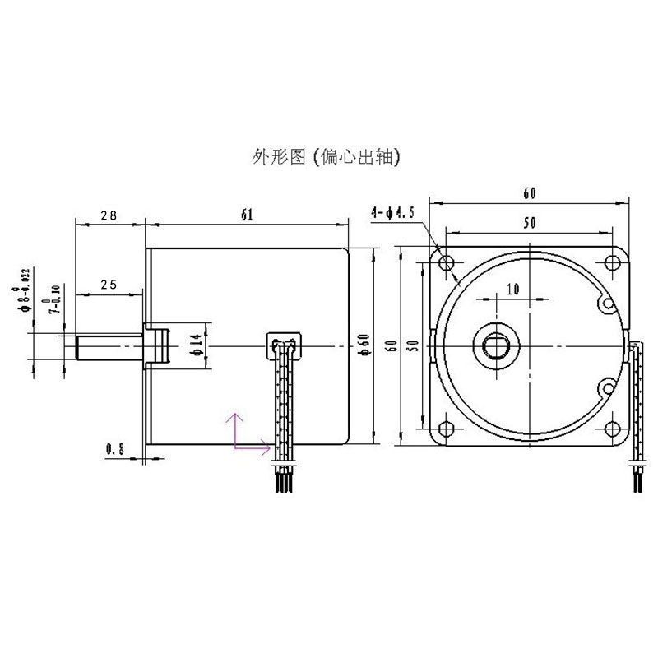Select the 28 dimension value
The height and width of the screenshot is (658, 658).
[108, 215]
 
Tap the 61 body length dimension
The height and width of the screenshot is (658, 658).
[246, 215]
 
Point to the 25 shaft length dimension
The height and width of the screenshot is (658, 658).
[108, 285]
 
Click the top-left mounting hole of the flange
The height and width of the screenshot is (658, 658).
[447, 263]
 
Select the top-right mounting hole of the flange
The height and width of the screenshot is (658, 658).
[610, 263]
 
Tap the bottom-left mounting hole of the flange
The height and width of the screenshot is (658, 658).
[447, 427]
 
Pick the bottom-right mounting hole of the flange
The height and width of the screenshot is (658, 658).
[610, 427]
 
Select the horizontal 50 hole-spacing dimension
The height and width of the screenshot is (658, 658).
[527, 223]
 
